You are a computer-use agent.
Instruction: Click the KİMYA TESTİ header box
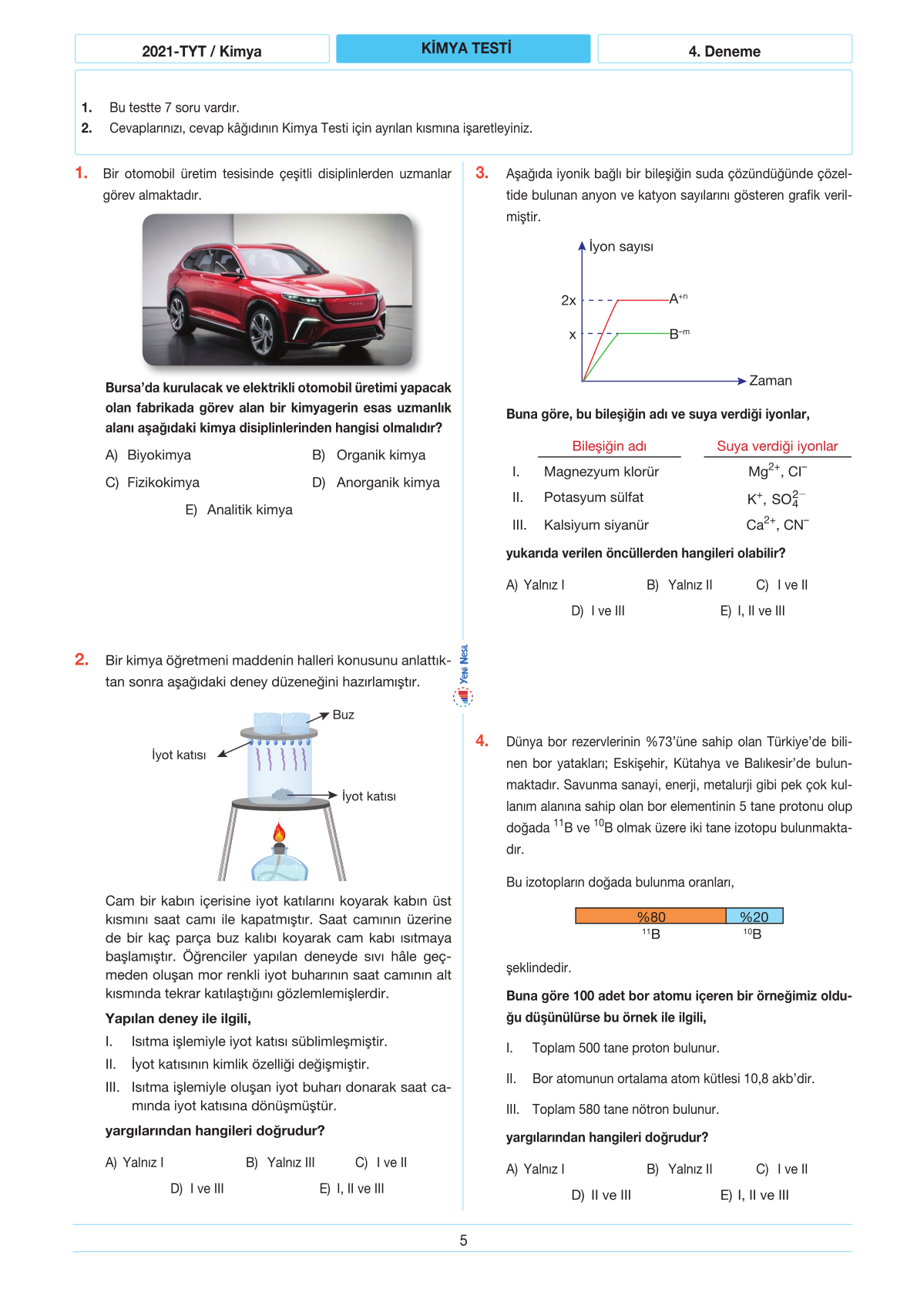(x=463, y=49)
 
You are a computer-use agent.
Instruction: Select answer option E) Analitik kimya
(x=239, y=510)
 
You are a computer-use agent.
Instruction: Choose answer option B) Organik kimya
(x=369, y=455)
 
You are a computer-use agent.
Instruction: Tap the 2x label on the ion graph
(x=569, y=301)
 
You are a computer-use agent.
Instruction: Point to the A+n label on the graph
(x=678, y=298)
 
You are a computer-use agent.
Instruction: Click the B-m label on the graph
(x=679, y=334)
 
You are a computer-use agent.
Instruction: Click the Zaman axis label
(x=770, y=381)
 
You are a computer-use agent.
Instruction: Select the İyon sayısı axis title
(x=621, y=247)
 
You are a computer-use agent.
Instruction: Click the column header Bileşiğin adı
(x=609, y=446)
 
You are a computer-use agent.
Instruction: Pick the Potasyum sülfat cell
(x=593, y=498)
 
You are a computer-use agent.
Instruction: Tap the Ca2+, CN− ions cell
(x=777, y=525)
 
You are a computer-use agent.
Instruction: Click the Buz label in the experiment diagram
(x=343, y=715)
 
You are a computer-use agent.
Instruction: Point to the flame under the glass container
(x=279, y=833)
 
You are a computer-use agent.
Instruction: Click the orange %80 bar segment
(x=650, y=916)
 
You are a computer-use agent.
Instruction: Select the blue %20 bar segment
(x=754, y=916)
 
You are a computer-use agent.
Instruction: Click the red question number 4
(x=482, y=741)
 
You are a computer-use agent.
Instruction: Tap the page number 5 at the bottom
(x=463, y=1240)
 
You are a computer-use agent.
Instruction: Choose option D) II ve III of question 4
(x=601, y=1195)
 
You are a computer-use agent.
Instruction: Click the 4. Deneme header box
(x=724, y=51)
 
